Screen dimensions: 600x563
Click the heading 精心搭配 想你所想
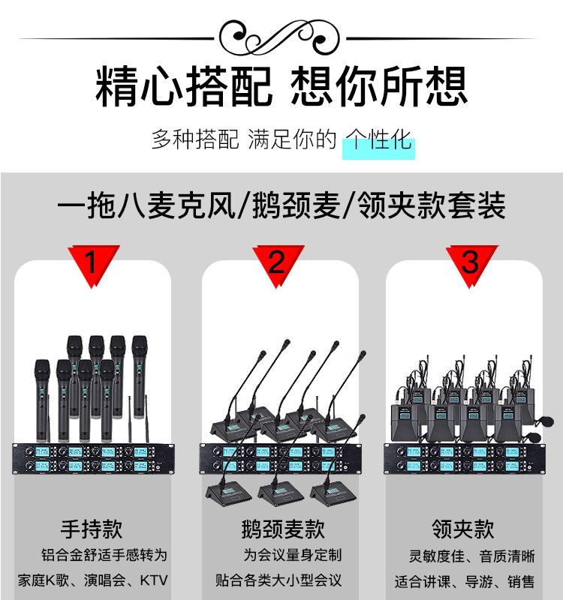click(x=281, y=86)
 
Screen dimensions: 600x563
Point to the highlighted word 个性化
click(x=378, y=140)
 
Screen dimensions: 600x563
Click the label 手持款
click(x=92, y=529)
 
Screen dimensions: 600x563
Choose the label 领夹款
click(x=463, y=529)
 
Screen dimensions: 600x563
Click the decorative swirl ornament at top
click(x=281, y=35)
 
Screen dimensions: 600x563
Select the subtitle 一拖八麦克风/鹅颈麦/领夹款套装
click(x=281, y=205)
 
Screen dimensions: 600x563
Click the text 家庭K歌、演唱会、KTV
click(x=92, y=580)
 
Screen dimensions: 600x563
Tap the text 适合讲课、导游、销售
click(x=465, y=580)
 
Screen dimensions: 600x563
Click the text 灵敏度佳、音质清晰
click(x=471, y=556)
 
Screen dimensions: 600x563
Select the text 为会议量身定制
click(x=292, y=555)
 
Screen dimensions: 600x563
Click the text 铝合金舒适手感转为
click(x=104, y=555)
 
